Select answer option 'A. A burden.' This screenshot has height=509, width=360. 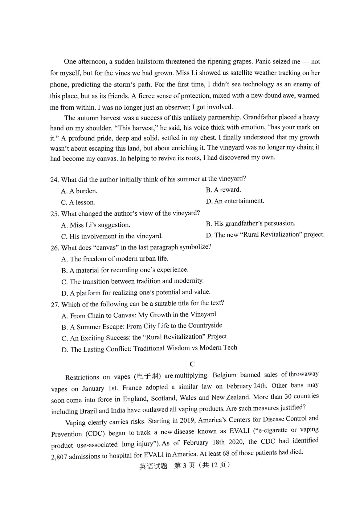tap(79, 191)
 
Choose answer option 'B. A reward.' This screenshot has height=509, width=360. tap(223, 190)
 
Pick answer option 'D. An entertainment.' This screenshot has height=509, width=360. tap(235, 201)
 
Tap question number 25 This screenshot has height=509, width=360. tap(54, 214)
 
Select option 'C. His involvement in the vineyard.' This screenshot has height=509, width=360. tap(112, 236)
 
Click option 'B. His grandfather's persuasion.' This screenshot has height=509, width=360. tap(250, 223)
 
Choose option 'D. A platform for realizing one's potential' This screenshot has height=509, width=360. tap(136, 293)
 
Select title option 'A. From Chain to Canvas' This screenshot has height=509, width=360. tap(139, 315)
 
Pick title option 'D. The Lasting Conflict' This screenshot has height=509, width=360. tap(149, 349)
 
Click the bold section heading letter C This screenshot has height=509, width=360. tap(192, 364)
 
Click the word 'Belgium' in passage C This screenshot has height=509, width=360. tap(224, 375)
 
